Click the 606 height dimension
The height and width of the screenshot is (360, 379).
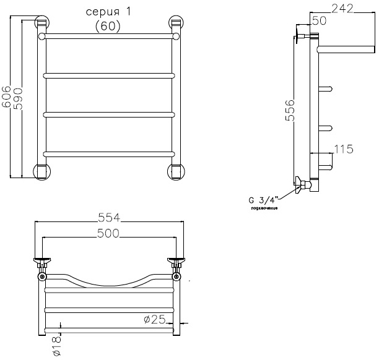tap(6, 96)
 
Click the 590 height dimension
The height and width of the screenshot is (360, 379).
tap(18, 98)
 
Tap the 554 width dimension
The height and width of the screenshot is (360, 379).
tap(109, 218)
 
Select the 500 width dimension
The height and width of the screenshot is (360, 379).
tap(108, 233)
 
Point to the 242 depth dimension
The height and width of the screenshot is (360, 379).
tap(342, 9)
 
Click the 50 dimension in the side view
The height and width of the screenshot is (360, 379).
tap(319, 20)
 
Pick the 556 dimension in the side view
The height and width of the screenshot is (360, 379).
tap(290, 110)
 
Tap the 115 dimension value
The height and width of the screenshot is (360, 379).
tap(344, 149)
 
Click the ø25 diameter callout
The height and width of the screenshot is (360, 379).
tap(155, 319)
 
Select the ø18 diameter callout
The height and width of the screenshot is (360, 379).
tap(56, 346)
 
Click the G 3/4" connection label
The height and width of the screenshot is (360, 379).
tap(264, 200)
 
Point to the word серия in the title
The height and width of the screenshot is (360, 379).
tap(103, 12)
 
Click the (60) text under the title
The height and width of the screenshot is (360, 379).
tap(108, 26)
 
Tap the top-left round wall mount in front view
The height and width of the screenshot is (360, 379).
tap(42, 22)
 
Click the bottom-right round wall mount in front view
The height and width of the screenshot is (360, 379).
tap(176, 171)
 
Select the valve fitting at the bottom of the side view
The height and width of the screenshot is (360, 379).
tap(303, 185)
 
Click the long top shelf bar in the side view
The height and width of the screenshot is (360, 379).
tap(346, 49)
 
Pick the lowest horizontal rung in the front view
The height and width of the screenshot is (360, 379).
tap(109, 154)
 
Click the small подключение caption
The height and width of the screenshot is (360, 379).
tap(264, 208)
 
